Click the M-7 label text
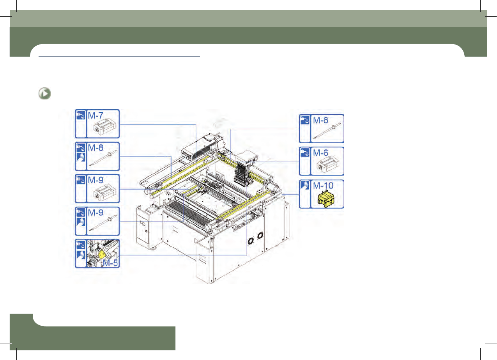point(96,115)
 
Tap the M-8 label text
point(96,148)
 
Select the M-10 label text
point(323,186)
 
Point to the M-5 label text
point(110,263)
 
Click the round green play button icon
point(44,94)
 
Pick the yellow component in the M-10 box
point(326,199)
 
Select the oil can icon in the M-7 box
point(81,115)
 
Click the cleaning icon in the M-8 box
point(81,157)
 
